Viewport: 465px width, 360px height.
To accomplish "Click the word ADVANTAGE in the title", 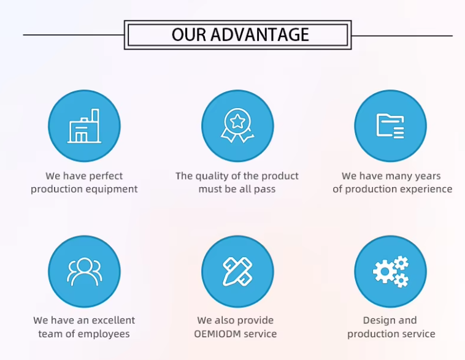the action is pyautogui.click(x=259, y=34).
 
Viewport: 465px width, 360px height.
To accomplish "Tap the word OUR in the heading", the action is pyautogui.click(x=188, y=34).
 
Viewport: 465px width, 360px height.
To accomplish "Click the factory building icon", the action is pyautogui.click(x=84, y=126).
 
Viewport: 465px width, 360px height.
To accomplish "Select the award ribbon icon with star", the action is pyautogui.click(x=237, y=126).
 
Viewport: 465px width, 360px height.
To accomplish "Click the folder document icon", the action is pyautogui.click(x=390, y=126).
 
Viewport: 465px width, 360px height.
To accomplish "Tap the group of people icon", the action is pyautogui.click(x=85, y=272).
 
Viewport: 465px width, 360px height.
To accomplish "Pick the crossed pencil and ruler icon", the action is pyautogui.click(x=237, y=272).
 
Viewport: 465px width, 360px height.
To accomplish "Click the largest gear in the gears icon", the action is pyautogui.click(x=385, y=271).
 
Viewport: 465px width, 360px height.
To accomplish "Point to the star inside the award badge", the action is pyautogui.click(x=237, y=121).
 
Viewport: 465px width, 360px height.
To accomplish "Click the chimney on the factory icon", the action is pyautogui.click(x=95, y=116).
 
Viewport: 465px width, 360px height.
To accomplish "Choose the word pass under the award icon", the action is pyautogui.click(x=264, y=189).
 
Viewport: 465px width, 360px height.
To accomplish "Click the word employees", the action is pyautogui.click(x=104, y=334).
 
